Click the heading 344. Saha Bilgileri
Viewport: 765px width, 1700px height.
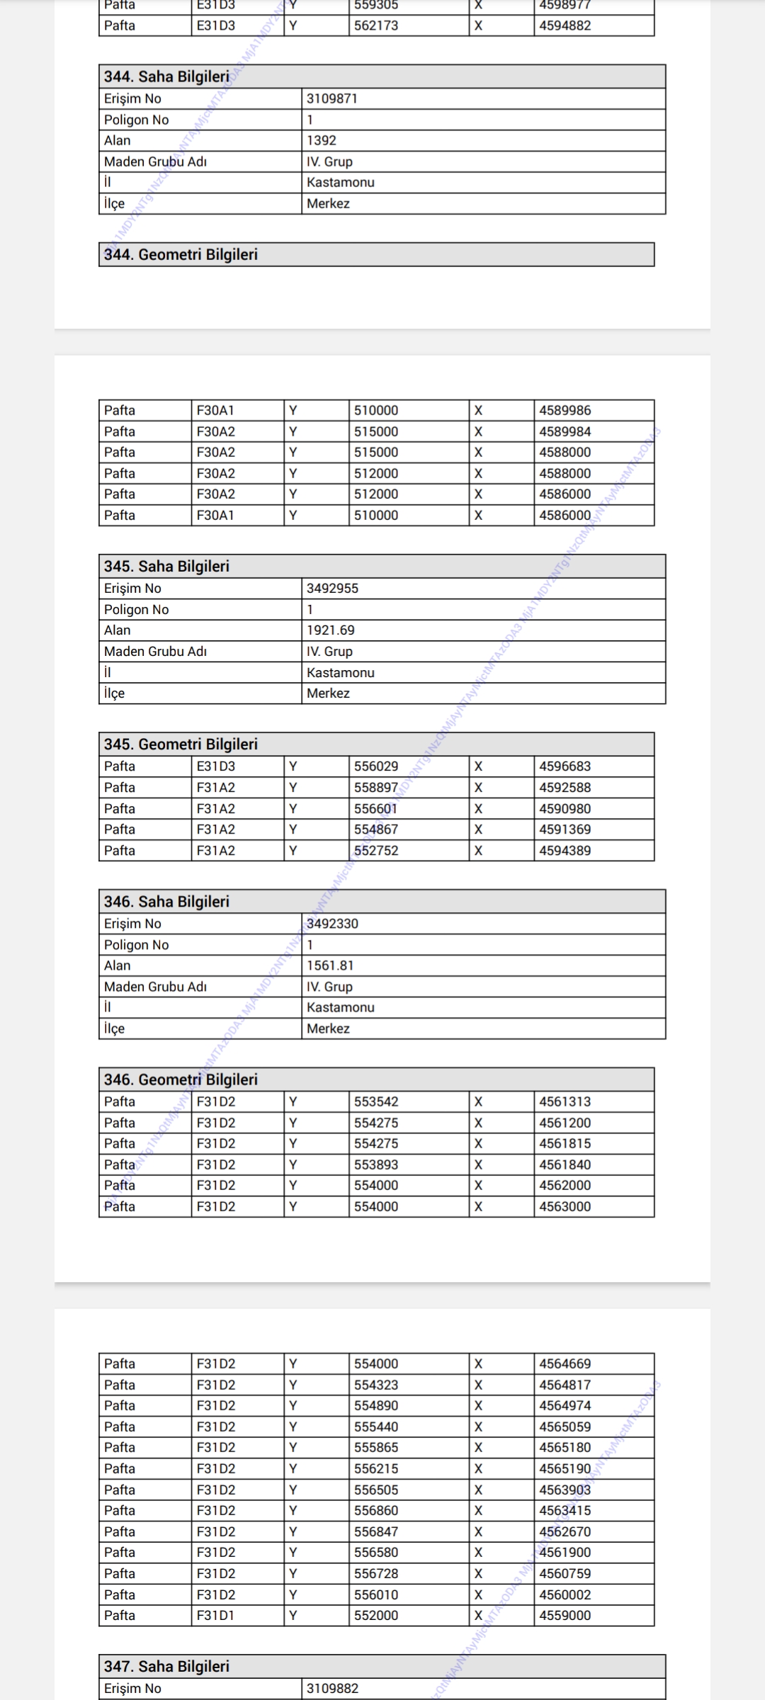(x=167, y=76)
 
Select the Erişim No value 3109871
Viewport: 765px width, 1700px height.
(x=332, y=98)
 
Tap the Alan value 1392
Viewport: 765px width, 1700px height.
(x=322, y=140)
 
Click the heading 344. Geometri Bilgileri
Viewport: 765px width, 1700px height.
(x=181, y=254)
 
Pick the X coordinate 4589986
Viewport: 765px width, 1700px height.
(x=565, y=410)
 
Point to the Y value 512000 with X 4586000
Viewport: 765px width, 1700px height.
(x=376, y=494)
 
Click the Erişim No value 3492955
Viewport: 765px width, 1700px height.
(x=332, y=588)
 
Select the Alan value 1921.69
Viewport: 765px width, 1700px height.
(x=331, y=630)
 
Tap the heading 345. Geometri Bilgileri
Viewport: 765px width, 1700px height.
(x=181, y=744)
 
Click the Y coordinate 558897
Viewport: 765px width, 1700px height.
(x=376, y=787)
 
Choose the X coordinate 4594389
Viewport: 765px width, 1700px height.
(x=565, y=850)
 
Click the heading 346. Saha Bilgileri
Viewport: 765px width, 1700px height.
(x=167, y=901)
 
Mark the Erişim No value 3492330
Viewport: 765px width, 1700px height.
(x=332, y=923)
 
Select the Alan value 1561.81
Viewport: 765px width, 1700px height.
(x=330, y=965)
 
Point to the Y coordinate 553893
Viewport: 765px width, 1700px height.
(x=376, y=1164)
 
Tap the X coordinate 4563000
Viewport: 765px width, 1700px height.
(x=565, y=1206)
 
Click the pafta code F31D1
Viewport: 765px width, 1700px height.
(x=215, y=1615)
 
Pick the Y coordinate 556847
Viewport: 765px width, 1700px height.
(x=376, y=1531)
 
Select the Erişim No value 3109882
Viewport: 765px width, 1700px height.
(x=332, y=1688)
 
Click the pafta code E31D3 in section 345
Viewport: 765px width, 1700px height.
(x=216, y=766)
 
